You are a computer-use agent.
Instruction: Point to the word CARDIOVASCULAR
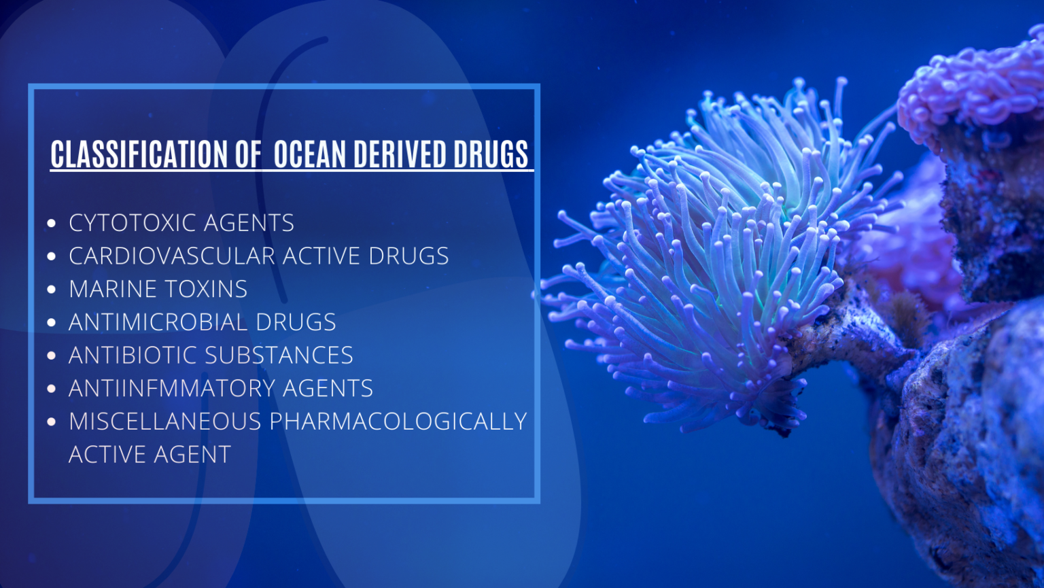(171, 256)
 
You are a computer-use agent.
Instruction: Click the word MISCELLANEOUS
(165, 421)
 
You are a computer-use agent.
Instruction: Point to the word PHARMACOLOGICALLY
(398, 421)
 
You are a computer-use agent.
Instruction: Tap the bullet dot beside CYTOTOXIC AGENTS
(52, 223)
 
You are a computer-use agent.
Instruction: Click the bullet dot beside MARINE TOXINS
(52, 290)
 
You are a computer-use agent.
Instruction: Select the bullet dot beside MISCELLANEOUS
(52, 422)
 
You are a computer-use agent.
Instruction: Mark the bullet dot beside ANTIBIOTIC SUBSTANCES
(52, 356)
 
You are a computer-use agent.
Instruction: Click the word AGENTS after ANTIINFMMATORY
(328, 388)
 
